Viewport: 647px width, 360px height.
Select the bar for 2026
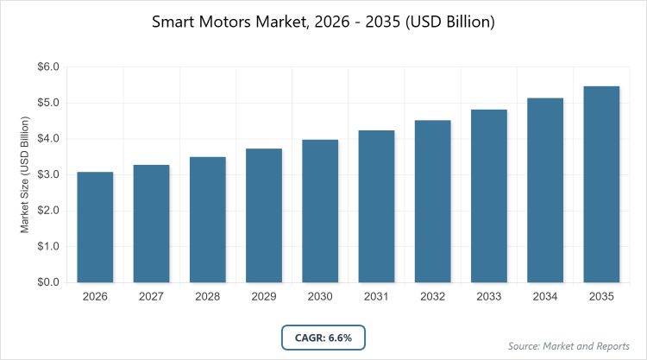(x=95, y=227)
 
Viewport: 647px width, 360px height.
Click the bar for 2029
(x=264, y=215)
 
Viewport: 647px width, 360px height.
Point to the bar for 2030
(x=320, y=211)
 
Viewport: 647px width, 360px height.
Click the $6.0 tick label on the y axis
(x=47, y=66)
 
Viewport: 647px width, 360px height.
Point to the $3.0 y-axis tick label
(x=47, y=174)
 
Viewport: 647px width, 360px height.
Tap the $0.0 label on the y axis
(x=47, y=282)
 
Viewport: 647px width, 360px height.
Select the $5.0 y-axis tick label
(x=47, y=103)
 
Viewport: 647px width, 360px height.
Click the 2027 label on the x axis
(x=151, y=296)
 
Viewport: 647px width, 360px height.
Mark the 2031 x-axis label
(x=376, y=296)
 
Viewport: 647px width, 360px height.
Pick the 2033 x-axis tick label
(x=489, y=296)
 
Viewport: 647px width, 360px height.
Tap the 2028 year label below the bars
(x=207, y=296)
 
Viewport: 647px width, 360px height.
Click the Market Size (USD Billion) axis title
(x=26, y=174)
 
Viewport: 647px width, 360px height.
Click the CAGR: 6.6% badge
(x=323, y=338)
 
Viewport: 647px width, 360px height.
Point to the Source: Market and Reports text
(x=568, y=345)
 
